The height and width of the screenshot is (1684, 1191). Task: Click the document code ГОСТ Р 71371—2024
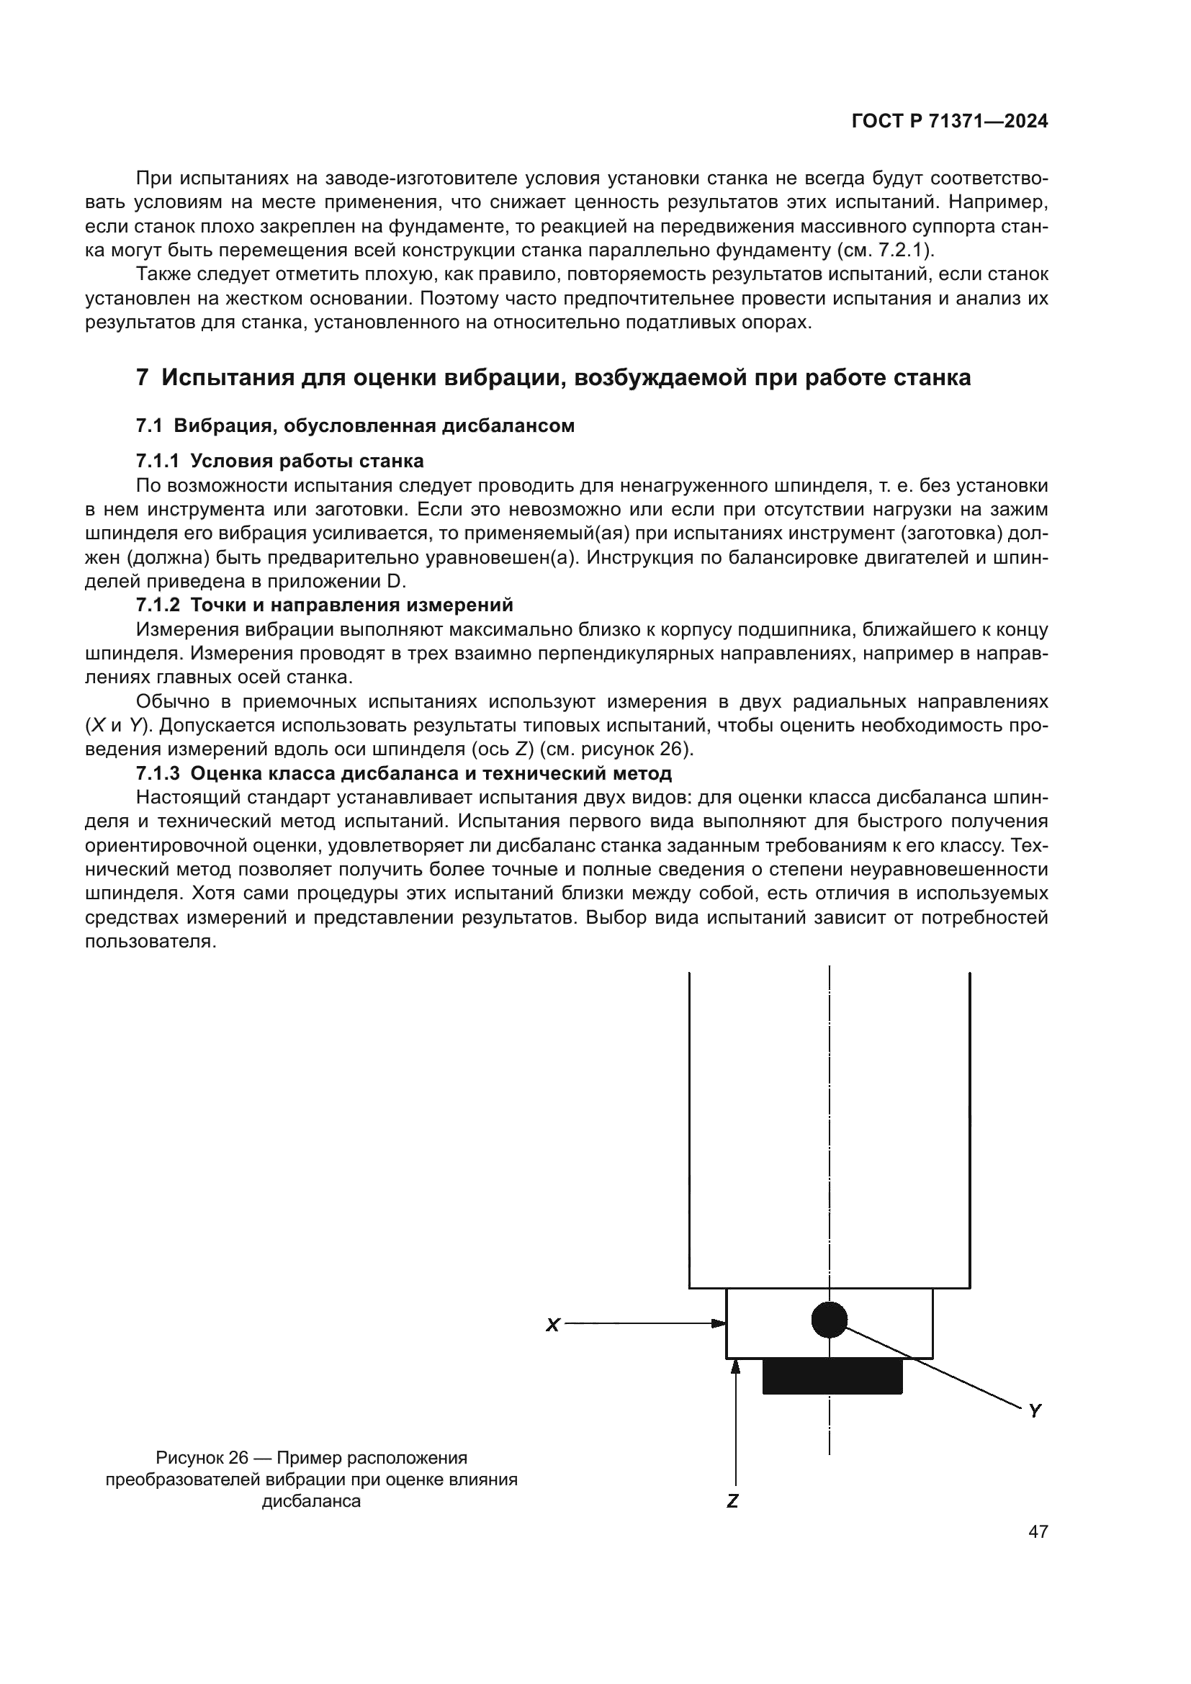[950, 122]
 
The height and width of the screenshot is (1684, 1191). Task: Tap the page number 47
[1038, 1531]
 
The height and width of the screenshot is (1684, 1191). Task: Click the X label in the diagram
[553, 1325]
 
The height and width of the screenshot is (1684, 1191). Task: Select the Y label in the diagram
[1035, 1410]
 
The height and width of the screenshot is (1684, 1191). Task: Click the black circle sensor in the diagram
[830, 1320]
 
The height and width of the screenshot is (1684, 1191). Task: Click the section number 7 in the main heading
[143, 378]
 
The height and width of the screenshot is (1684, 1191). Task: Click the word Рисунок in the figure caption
[189, 1457]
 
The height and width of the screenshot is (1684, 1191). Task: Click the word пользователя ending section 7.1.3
[149, 942]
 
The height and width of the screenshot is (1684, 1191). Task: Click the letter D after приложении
[394, 582]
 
